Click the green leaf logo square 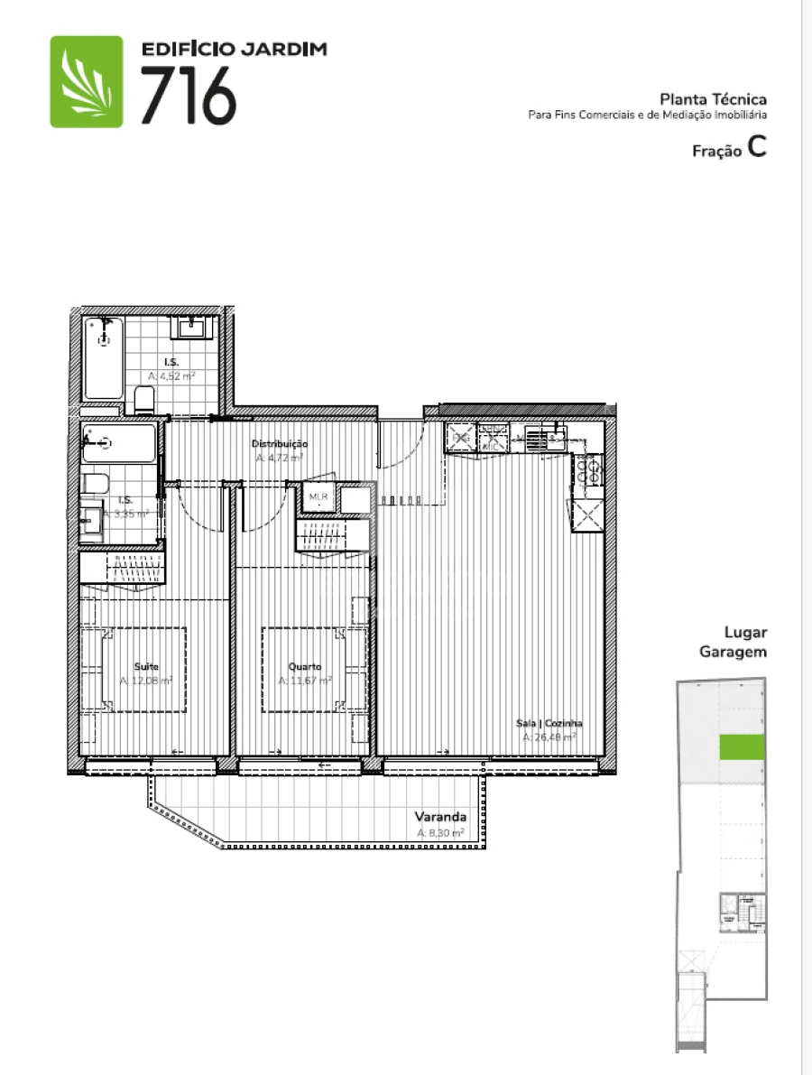coord(87,81)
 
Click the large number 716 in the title coord(189,96)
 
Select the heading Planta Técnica coord(713,99)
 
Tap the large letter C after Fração coord(756,149)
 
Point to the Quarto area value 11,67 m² coord(305,681)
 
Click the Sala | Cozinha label coord(549,723)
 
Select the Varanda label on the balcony coord(440,819)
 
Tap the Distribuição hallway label coord(279,444)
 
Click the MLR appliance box coord(318,497)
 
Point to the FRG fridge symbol coord(460,438)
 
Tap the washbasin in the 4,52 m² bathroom coord(194,327)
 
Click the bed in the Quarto coord(314,669)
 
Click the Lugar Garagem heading coord(734,642)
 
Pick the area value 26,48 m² coord(549,737)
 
